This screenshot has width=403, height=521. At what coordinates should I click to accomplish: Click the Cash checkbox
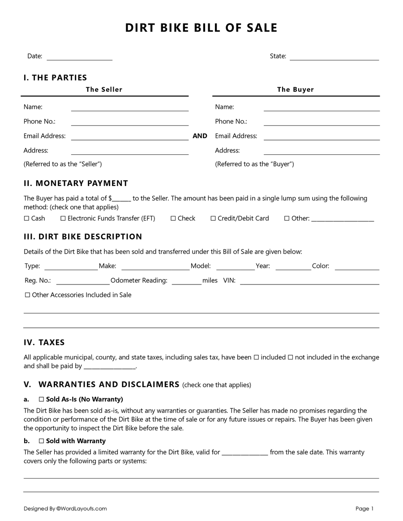pyautogui.click(x=26, y=219)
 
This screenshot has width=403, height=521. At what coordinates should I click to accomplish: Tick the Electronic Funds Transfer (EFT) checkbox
pyautogui.click(x=63, y=219)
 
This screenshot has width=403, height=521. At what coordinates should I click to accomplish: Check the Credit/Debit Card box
pyautogui.click(x=214, y=219)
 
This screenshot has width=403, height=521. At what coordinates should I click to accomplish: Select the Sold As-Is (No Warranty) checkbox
pyautogui.click(x=41, y=399)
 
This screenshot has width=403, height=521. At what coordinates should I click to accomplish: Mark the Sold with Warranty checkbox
pyautogui.click(x=41, y=441)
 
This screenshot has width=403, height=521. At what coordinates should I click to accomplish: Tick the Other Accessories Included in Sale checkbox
pyautogui.click(x=27, y=295)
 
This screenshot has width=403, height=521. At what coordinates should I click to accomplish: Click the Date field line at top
pyautogui.click(x=79, y=59)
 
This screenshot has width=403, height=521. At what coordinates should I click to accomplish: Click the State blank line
pyautogui.click(x=334, y=59)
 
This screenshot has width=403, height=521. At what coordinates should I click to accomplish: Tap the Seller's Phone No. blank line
pyautogui.click(x=129, y=124)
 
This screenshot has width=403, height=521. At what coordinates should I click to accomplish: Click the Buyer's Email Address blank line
pyautogui.click(x=322, y=139)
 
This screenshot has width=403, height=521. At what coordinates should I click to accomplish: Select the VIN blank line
pyautogui.click(x=309, y=283)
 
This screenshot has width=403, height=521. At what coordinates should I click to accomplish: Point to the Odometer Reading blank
pyautogui.click(x=186, y=283)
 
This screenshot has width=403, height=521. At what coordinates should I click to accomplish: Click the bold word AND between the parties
pyautogui.click(x=200, y=136)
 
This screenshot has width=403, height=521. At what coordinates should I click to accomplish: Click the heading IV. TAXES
pyautogui.click(x=44, y=343)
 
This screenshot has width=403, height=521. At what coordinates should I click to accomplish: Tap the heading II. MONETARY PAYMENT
pyautogui.click(x=76, y=183)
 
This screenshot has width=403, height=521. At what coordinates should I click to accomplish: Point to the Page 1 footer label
pyautogui.click(x=364, y=508)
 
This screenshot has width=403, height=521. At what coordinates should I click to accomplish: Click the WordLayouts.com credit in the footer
pyautogui.click(x=81, y=508)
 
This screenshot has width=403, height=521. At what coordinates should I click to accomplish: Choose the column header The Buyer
pyautogui.click(x=296, y=89)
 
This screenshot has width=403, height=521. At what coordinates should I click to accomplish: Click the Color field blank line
pyautogui.click(x=357, y=269)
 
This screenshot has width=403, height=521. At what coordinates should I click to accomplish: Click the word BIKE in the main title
pyautogui.click(x=169, y=28)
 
